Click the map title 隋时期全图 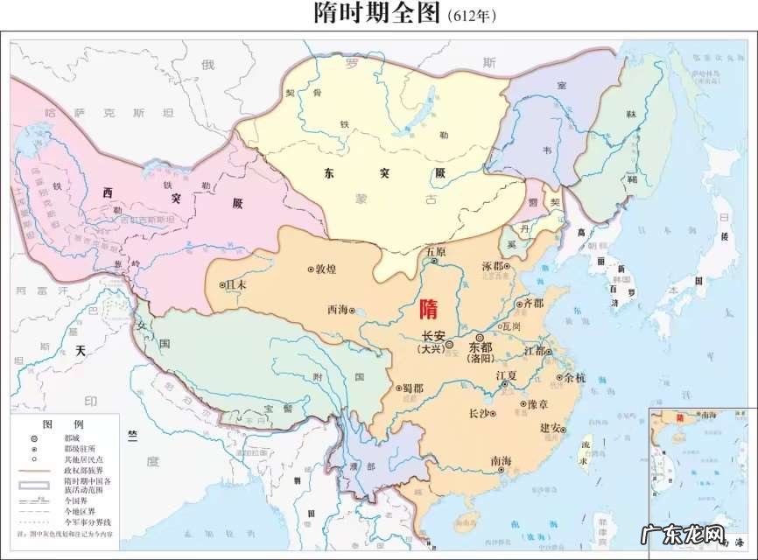(378, 13)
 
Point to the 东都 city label (481, 346)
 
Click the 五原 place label (437, 252)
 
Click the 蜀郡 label (411, 388)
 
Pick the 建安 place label (551, 427)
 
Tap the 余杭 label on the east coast (575, 378)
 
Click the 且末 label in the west (237, 284)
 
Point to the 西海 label (338, 309)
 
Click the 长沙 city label (480, 412)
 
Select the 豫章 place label (538, 404)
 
